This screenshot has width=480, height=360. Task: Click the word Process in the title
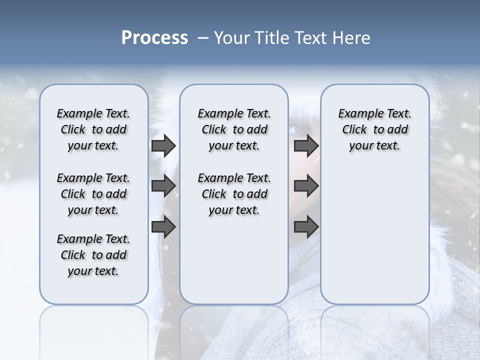coord(154,38)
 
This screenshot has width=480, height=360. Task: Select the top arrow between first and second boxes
coord(163,146)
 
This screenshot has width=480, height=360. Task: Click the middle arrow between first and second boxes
coord(163,186)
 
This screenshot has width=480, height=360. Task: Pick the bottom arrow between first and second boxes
coord(163,227)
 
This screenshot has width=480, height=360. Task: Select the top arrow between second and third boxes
coord(306,146)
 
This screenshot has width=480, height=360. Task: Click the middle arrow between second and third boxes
coord(306,186)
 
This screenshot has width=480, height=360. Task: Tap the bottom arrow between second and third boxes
coord(306,227)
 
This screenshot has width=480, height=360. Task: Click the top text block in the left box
coord(93,129)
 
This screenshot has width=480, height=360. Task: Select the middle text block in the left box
coord(93,194)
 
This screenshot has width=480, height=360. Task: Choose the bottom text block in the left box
coord(93,255)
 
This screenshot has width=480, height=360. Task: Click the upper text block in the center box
coord(234,129)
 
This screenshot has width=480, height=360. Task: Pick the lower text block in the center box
coord(234,194)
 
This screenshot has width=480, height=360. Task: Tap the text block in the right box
coord(374,129)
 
